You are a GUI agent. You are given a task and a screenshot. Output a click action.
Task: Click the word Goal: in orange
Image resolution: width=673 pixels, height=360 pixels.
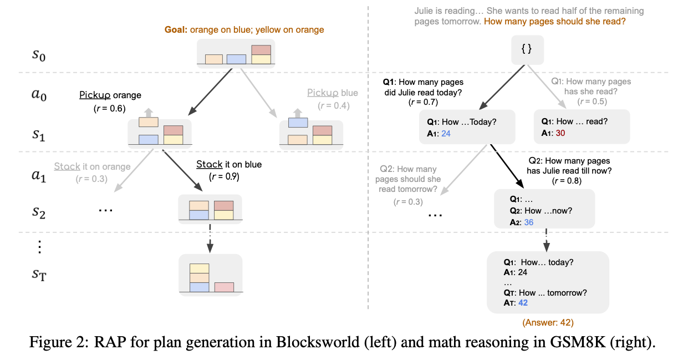176,29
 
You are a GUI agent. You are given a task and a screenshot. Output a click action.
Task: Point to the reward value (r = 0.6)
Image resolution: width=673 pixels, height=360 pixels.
110,108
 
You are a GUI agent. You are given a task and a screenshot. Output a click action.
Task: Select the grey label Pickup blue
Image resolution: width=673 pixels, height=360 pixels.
333,93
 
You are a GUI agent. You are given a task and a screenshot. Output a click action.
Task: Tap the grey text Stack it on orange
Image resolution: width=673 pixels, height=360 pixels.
92,166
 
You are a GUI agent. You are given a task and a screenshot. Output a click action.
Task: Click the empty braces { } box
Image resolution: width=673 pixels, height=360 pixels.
527,49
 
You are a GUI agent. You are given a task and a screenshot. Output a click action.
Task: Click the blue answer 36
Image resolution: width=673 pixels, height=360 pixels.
529,222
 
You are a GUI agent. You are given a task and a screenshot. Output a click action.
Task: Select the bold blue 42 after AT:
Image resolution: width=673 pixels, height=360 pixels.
523,303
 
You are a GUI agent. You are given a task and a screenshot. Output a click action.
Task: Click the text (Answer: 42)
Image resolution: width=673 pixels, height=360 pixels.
548,322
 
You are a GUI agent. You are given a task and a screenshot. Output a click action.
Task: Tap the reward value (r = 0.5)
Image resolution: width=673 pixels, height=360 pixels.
592,102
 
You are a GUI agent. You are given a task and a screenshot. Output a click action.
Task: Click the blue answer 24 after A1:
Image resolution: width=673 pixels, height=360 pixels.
447,134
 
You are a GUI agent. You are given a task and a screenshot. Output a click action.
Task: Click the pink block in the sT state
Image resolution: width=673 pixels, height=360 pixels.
224,287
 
